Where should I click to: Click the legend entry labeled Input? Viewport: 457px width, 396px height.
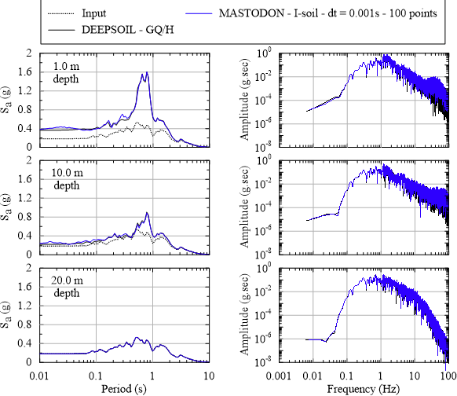[x=94, y=13]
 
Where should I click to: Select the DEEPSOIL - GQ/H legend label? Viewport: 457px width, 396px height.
[x=128, y=30]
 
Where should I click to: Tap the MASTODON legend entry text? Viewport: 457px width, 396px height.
[x=328, y=13]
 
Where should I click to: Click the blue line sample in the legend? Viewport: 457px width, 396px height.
[x=199, y=13]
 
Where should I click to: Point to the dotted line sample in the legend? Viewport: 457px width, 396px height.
[x=61, y=13]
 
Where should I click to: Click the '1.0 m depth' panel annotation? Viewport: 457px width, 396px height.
[x=66, y=72]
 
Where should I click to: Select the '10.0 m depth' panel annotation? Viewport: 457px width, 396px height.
[x=67, y=179]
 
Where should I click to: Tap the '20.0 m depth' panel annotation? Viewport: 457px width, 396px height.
[x=67, y=286]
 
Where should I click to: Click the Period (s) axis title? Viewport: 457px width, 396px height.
[x=124, y=389]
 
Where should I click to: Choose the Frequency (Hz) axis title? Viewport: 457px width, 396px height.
[x=363, y=389]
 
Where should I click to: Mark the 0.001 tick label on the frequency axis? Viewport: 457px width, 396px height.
[x=279, y=376]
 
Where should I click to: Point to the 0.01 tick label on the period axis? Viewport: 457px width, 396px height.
[x=39, y=376]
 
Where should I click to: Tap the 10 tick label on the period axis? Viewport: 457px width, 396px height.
[x=209, y=376]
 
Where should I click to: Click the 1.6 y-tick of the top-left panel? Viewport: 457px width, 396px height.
[x=25, y=71]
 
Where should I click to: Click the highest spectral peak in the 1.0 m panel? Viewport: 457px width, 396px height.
[x=147, y=72]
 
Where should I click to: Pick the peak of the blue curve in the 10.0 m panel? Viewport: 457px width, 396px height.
[x=147, y=213]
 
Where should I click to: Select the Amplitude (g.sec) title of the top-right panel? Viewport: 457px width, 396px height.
[x=244, y=100]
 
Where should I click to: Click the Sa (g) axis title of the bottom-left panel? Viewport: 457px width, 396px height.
[x=6, y=315]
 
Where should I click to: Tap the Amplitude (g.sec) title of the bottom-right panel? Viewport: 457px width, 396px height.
[x=244, y=314]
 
